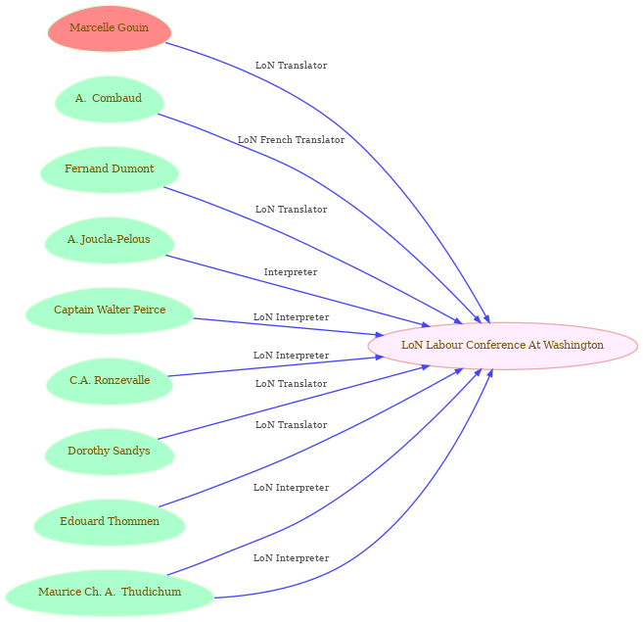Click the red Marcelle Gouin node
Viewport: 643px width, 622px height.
click(x=110, y=28)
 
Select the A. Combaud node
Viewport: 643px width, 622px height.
click(x=110, y=99)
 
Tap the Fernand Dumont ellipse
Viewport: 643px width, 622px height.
click(x=110, y=169)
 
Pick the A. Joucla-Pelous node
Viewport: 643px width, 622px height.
click(x=110, y=240)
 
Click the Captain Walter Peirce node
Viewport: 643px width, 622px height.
click(x=110, y=311)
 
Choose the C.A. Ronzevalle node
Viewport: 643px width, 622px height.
click(x=110, y=381)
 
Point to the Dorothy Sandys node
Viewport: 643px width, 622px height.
click(x=110, y=452)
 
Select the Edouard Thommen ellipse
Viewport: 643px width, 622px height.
click(x=110, y=522)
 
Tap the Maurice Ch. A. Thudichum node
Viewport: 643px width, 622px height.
click(x=110, y=593)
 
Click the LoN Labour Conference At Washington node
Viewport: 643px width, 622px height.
click(x=503, y=346)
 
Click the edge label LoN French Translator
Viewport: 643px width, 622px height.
click(x=291, y=140)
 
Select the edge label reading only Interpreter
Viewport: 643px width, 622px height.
click(x=291, y=272)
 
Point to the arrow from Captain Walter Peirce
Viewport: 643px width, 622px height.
click(x=289, y=327)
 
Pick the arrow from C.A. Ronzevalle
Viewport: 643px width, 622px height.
click(x=276, y=366)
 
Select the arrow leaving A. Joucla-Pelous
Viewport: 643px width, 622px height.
click(x=298, y=291)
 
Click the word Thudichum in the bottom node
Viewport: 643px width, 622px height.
click(x=152, y=592)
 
